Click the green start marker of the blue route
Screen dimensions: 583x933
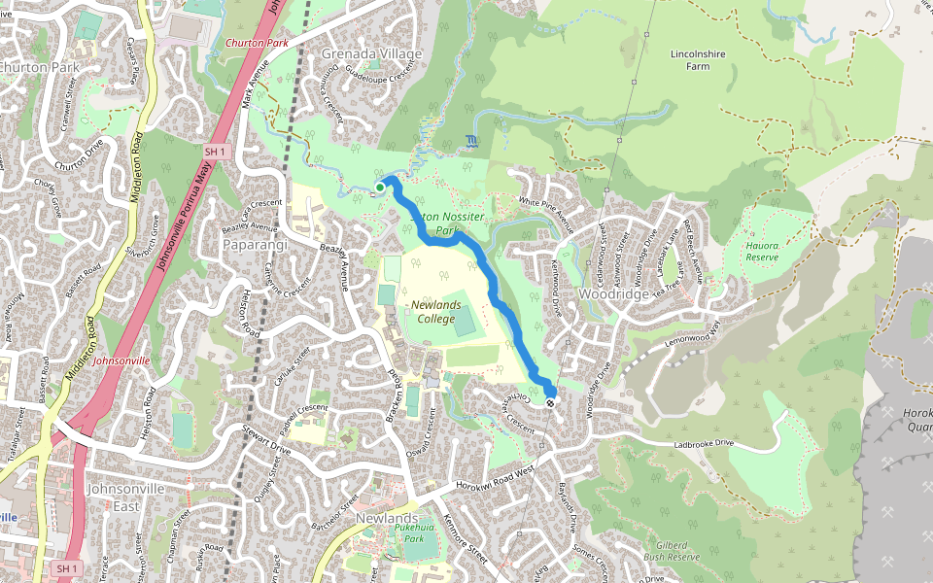click(x=380, y=187)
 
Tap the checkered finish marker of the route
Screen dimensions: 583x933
click(x=551, y=402)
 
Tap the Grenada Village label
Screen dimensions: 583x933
click(x=371, y=52)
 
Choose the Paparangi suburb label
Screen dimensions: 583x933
click(x=257, y=244)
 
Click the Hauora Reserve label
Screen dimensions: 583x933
click(x=762, y=253)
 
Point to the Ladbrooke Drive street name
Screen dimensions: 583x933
click(x=713, y=445)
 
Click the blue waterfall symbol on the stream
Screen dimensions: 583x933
click(x=471, y=142)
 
